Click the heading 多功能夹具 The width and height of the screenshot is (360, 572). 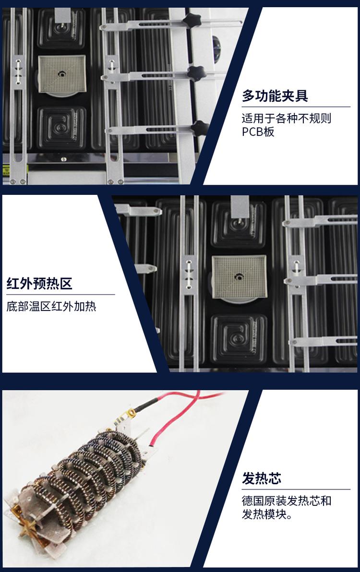pyautogui.click(x=275, y=95)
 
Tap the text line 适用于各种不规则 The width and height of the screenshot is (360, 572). pyautogui.click(x=287, y=118)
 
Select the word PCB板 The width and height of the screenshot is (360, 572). pyautogui.click(x=258, y=131)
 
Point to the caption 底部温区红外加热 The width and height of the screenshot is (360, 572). pyautogui.click(x=51, y=306)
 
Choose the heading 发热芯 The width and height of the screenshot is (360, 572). pyautogui.click(x=262, y=478)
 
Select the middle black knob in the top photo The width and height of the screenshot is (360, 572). pyautogui.click(x=195, y=73)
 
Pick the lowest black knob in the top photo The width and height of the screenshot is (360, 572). pyautogui.click(x=199, y=128)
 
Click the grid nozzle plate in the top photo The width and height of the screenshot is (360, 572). pyautogui.click(x=61, y=73)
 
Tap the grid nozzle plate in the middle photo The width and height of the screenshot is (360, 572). pyautogui.click(x=236, y=276)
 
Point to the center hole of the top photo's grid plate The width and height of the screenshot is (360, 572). pyautogui.click(x=62, y=73)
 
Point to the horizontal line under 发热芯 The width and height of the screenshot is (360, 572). pyautogui.click(x=296, y=489)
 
